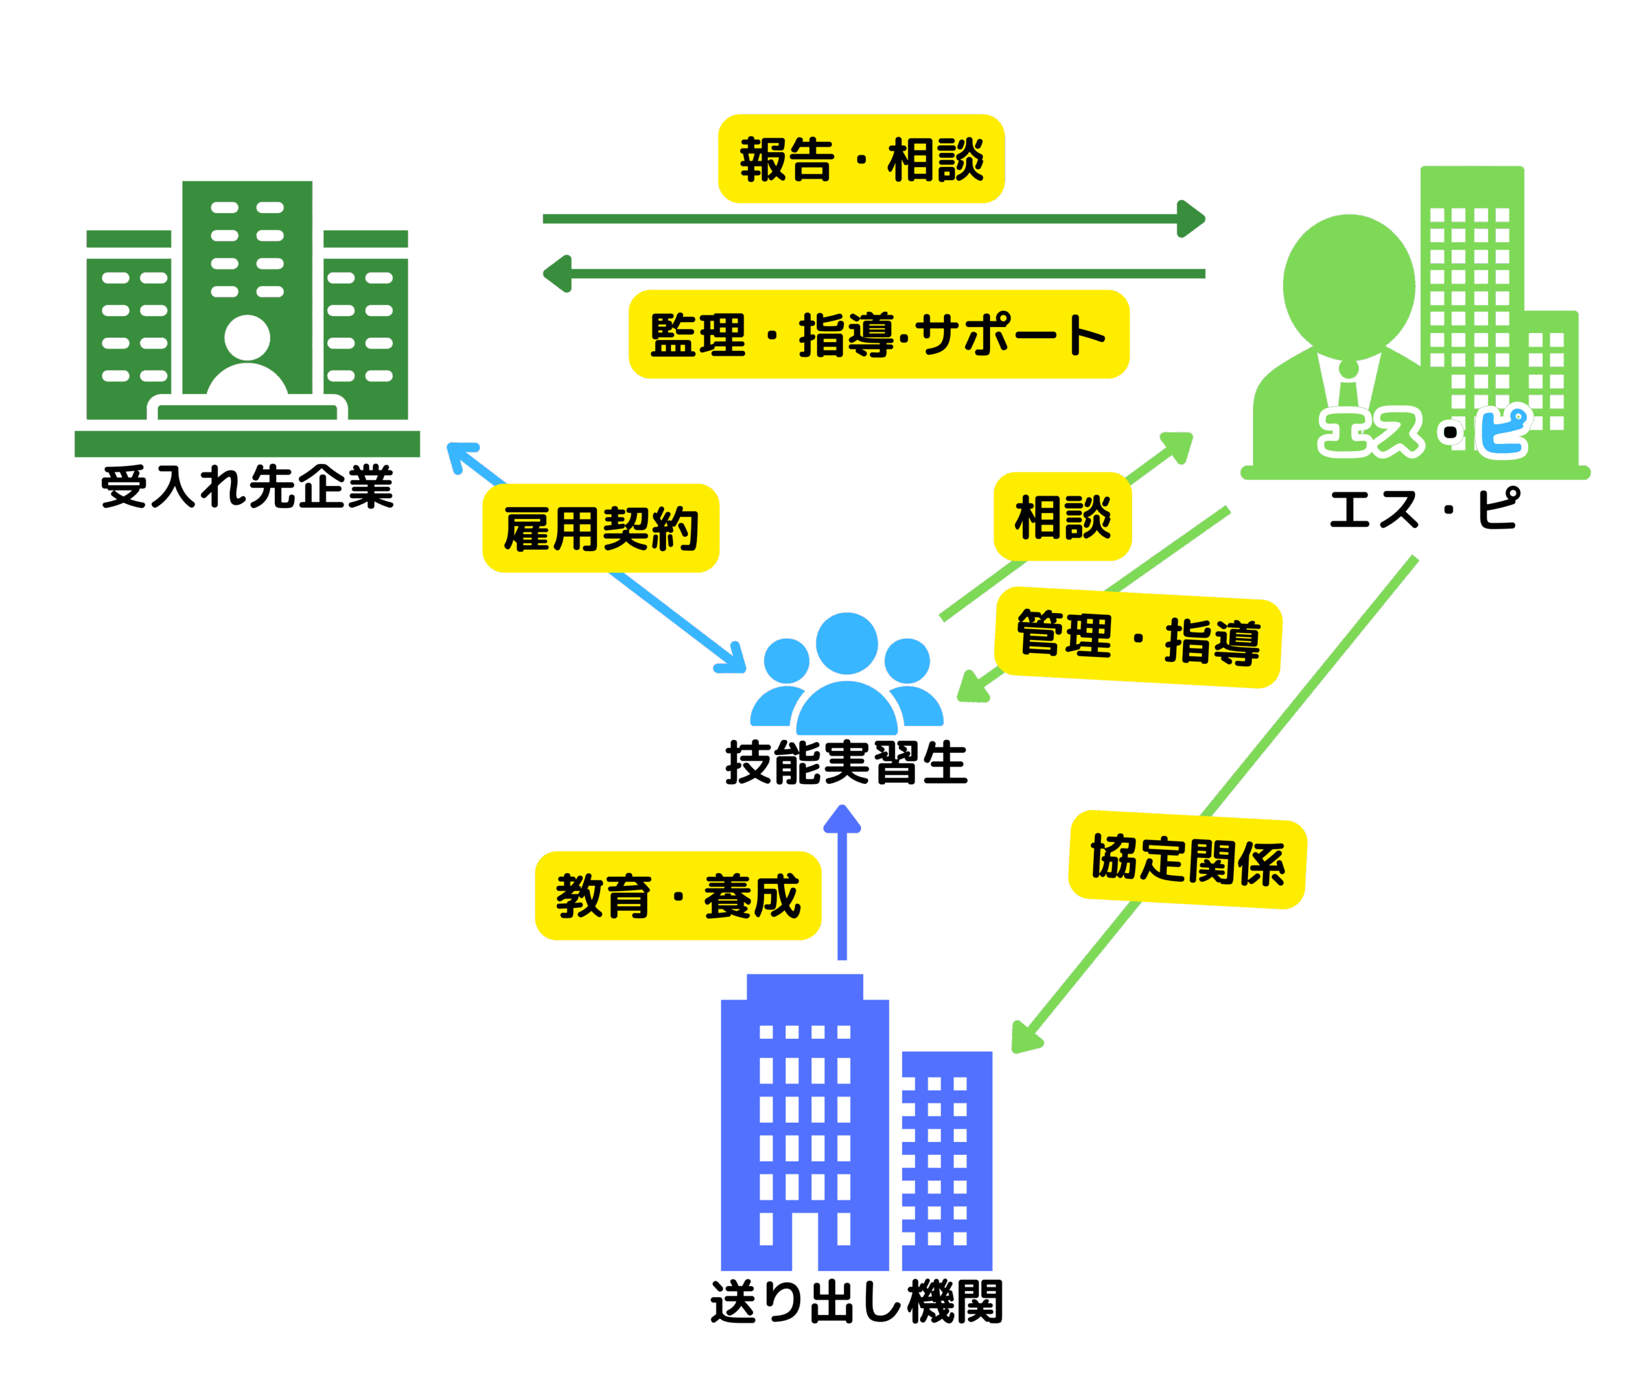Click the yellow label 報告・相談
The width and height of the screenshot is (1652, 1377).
coord(861,159)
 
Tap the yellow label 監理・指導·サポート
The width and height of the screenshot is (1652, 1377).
coord(879,334)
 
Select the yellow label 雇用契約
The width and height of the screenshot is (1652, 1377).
coord(600,528)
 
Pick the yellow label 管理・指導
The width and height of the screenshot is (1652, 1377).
coord(1138,637)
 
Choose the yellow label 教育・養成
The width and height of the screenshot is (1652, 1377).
coord(678,895)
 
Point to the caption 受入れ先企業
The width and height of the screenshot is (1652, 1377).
coord(247,487)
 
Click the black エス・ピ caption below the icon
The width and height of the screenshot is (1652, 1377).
coord(1424,509)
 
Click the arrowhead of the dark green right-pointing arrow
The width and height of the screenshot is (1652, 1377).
coord(1191,219)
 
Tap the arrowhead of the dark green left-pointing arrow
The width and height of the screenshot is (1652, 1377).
coord(557,274)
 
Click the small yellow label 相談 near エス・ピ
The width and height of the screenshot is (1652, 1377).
coord(1062,517)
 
